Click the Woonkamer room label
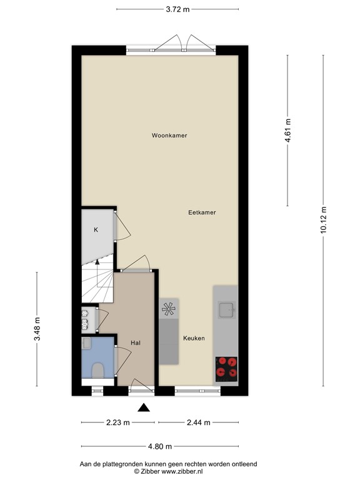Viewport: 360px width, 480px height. point(169,136)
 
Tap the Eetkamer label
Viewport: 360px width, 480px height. point(202,212)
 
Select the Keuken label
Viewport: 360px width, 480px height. point(194,338)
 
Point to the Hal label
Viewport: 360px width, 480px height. point(136,343)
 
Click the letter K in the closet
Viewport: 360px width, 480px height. point(96,230)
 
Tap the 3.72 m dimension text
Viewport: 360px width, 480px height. point(177,9)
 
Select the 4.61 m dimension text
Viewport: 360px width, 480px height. point(288,131)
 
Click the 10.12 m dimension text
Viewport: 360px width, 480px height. point(324,219)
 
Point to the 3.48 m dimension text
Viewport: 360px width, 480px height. point(37,329)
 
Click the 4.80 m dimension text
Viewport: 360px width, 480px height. point(159,447)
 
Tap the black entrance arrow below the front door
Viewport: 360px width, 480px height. point(144,408)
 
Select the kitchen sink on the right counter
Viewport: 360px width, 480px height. point(226,309)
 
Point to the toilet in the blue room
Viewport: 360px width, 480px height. point(97,370)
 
